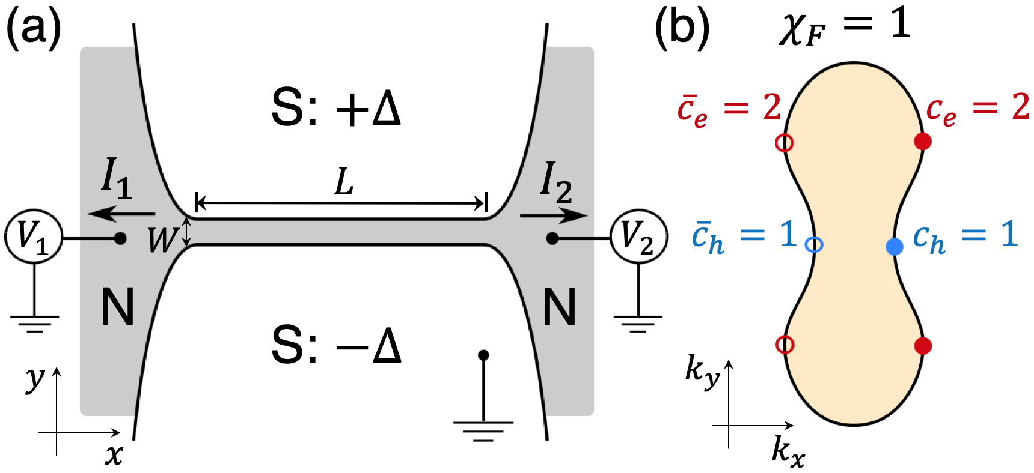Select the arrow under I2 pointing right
553,215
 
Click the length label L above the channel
344,182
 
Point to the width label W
161,240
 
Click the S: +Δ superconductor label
335,108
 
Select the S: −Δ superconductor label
335,346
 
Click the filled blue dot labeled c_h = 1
895,246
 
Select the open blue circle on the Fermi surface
814,244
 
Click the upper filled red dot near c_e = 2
922,142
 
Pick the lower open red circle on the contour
785,345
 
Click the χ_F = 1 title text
845,27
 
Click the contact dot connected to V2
552,238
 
